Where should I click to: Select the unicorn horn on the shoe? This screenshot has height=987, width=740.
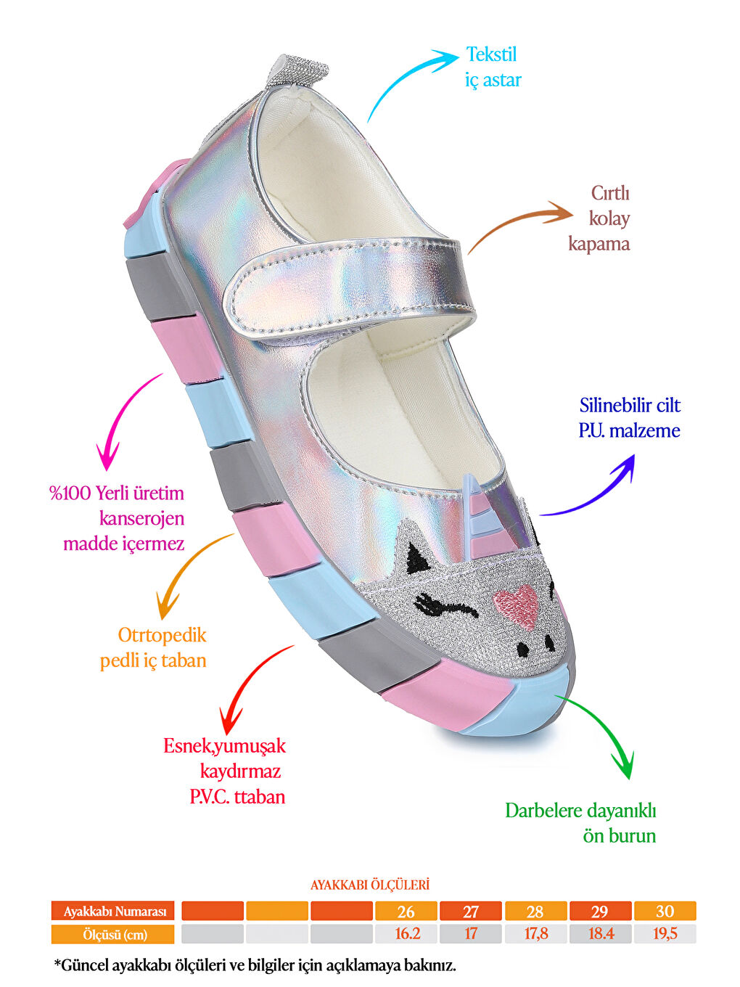pyautogui.click(x=479, y=512)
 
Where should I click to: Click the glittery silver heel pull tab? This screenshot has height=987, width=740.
pyautogui.click(x=294, y=73)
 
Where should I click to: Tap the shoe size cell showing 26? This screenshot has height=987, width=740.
pyautogui.click(x=406, y=912)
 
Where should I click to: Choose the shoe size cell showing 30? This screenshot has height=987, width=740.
pyautogui.click(x=665, y=912)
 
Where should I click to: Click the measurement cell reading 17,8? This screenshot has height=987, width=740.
pyautogui.click(x=535, y=934)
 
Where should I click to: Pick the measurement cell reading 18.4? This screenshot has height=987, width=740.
pyautogui.click(x=600, y=934)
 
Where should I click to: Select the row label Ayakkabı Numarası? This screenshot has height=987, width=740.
pyautogui.click(x=113, y=912)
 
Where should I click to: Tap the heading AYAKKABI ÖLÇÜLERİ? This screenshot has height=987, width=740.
pyautogui.click(x=370, y=885)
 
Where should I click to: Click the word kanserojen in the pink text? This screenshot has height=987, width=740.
pyautogui.click(x=141, y=518)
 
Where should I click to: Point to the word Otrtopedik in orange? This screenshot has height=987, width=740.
pyautogui.click(x=162, y=635)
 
